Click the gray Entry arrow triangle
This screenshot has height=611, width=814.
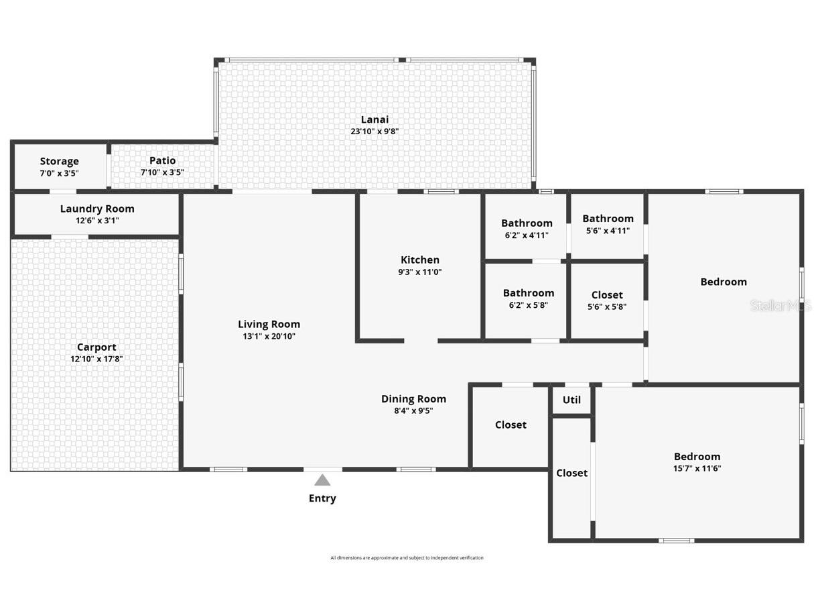[x=322, y=480]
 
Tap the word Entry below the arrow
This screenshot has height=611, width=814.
[x=322, y=498]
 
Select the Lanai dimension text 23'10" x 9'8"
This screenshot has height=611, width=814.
[x=375, y=132]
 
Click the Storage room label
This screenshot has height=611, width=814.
[x=59, y=161]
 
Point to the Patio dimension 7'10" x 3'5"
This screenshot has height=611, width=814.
[x=162, y=172]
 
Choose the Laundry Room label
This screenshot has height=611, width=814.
[x=97, y=209]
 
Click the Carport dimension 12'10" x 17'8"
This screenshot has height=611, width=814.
[x=96, y=359]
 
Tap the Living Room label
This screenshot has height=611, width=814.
[x=269, y=324]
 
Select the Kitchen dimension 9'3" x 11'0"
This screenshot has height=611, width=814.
[x=420, y=272]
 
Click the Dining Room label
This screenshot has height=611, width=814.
[x=413, y=398]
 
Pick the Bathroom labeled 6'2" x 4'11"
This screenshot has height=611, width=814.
[x=527, y=223]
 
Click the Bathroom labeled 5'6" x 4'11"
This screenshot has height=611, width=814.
[x=608, y=219]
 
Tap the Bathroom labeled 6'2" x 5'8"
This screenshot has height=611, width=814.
[x=528, y=293]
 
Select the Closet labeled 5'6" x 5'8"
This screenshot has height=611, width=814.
[x=607, y=295]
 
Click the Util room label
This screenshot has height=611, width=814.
[x=571, y=400]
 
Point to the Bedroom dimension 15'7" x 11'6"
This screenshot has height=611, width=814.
[x=697, y=469]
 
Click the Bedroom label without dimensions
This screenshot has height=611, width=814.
[x=723, y=282]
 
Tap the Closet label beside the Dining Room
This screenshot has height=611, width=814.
[x=511, y=425]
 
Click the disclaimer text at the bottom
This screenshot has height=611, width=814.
[x=407, y=558]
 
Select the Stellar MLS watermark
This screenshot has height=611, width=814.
[x=781, y=306]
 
